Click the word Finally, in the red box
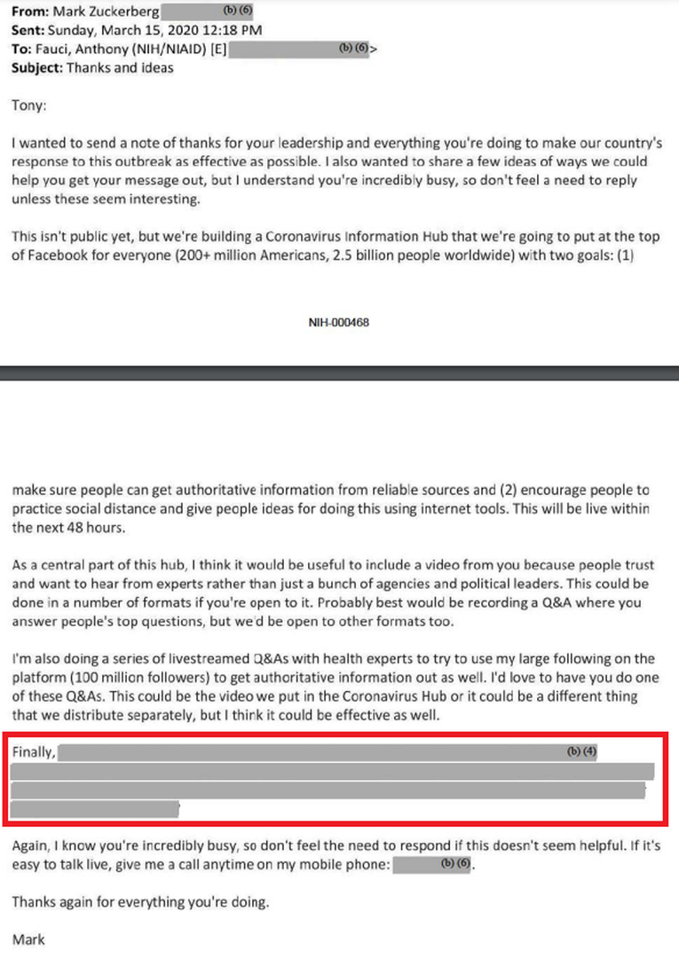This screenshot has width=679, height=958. click(x=35, y=753)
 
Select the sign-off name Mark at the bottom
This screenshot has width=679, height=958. click(x=28, y=938)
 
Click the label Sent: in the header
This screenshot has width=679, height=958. click(x=30, y=31)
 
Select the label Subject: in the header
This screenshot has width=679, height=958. click(x=37, y=67)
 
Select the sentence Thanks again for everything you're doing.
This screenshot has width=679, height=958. click(x=139, y=903)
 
